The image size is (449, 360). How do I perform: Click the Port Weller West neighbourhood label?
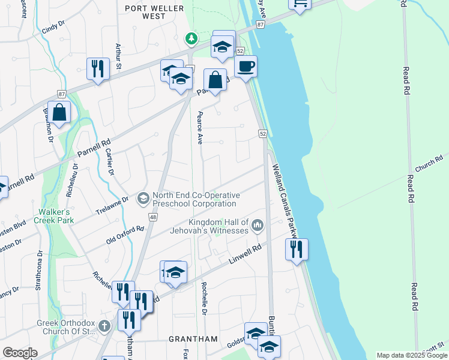click(145, 12)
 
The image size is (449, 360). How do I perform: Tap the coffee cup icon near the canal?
click(245, 66)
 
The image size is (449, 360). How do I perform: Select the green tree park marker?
click(191, 39)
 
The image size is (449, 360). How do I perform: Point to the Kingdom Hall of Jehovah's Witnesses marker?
click(258, 226)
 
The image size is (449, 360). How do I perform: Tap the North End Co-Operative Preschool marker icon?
click(143, 198)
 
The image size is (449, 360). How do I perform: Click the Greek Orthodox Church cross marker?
click(104, 326)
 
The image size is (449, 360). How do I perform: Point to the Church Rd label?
click(428, 162)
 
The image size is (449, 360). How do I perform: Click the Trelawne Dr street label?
click(112, 206)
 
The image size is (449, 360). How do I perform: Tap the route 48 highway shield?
click(153, 217)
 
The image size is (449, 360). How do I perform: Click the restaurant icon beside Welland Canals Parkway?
click(297, 249)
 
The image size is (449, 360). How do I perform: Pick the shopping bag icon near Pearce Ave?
click(215, 80)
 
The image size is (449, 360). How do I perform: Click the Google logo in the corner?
click(20, 353)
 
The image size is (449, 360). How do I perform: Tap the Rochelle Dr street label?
click(204, 298)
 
